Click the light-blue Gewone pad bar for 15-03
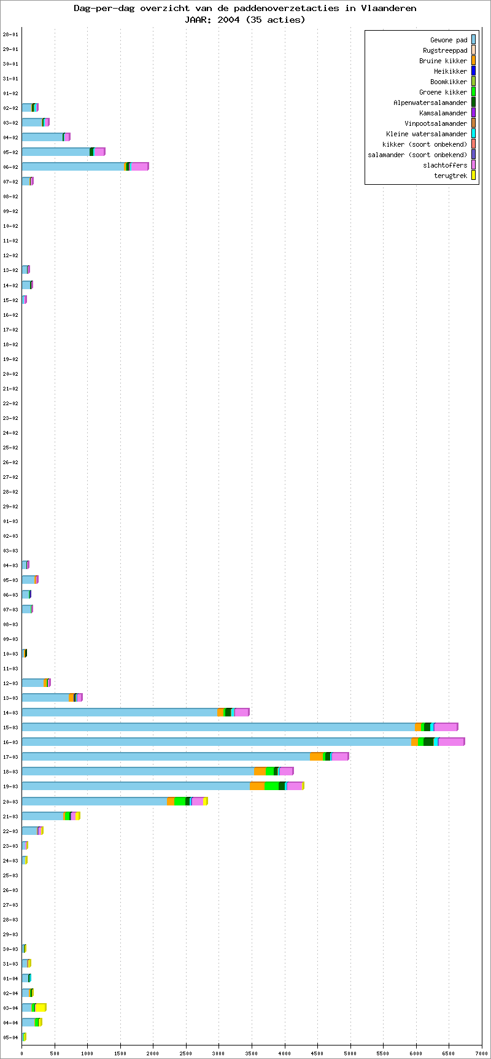pos(218,727)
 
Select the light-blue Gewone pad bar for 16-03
pos(216,742)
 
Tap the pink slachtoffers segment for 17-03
pos(339,756)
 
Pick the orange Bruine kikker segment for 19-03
pos(257,786)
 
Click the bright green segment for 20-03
pos(179,801)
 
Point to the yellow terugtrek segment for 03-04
pos(41,1007)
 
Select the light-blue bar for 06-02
pos(72,166)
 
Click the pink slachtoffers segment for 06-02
pos(139,166)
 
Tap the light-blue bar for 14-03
pos(119,712)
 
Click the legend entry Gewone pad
pos(449,40)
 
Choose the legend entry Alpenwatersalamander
pos(430,103)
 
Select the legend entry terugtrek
pos(450,176)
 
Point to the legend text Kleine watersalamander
pos(427,134)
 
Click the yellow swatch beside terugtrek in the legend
pos(473,176)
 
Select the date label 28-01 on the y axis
pos(10,34)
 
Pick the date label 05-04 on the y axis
pos(10,1037)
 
